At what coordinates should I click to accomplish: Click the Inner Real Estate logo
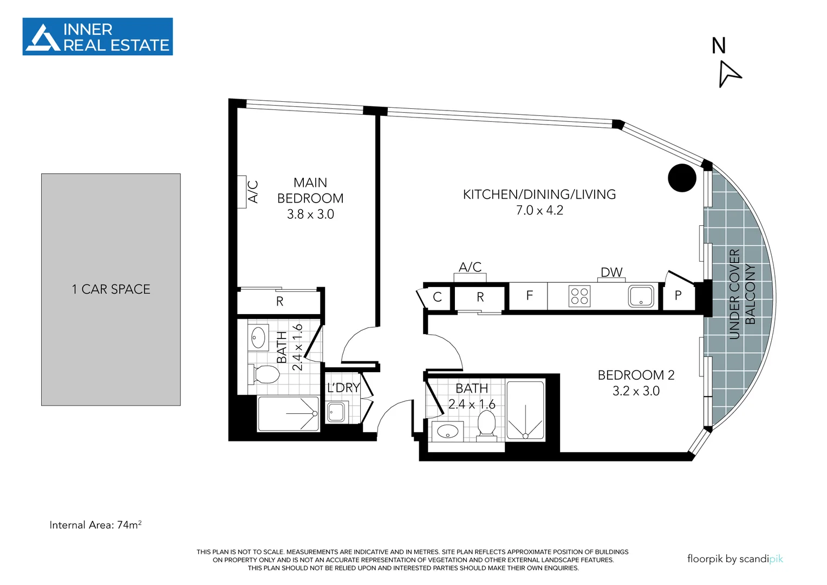(97, 37)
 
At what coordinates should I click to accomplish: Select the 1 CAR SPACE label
(111, 289)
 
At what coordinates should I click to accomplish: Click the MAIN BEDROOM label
(310, 191)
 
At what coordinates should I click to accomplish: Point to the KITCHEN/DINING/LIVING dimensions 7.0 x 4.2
(539, 211)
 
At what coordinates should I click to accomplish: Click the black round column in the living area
(681, 178)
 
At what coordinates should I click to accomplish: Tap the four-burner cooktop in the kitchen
(579, 296)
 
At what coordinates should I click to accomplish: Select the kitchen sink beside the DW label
(641, 296)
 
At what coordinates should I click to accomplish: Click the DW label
(611, 272)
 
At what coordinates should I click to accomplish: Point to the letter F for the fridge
(529, 296)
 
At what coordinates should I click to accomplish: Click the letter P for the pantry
(678, 296)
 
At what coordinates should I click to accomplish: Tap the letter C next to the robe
(438, 297)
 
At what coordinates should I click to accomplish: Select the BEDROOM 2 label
(636, 375)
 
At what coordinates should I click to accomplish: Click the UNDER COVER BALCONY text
(741, 294)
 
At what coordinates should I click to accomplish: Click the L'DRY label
(343, 388)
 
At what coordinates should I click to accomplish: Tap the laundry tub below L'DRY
(336, 412)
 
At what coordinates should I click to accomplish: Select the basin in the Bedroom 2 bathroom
(448, 432)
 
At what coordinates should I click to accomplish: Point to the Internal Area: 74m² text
(95, 525)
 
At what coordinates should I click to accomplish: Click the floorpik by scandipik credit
(734, 558)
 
